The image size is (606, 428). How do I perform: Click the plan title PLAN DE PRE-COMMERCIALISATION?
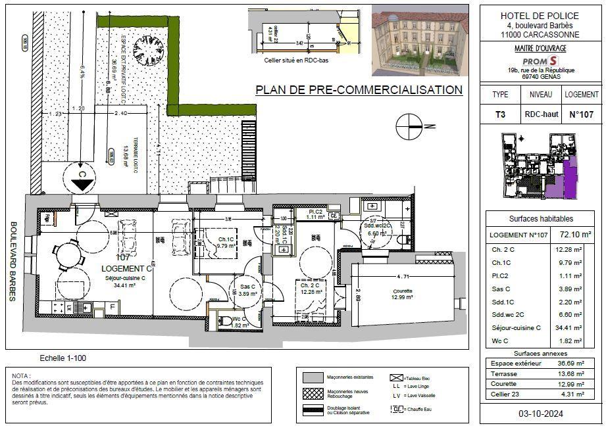(x=359, y=89)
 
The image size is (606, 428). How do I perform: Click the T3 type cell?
(x=500, y=114)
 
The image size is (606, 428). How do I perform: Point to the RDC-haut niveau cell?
(x=541, y=114)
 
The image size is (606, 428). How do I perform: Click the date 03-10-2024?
(x=542, y=414)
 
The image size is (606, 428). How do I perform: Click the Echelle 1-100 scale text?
(x=63, y=358)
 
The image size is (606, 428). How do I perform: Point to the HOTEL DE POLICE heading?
(x=540, y=16)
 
